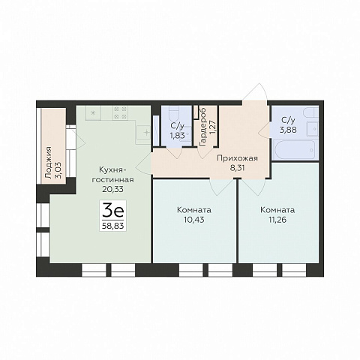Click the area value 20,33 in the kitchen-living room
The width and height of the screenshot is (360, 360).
click(112, 189)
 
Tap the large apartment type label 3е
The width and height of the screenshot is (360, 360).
click(112, 211)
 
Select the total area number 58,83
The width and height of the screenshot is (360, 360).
click(112, 226)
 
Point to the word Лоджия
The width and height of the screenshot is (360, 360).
click(48, 163)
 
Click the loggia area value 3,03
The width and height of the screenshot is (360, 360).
click(58, 169)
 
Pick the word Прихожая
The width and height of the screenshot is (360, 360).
click(237, 158)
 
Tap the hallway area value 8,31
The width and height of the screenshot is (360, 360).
click(237, 168)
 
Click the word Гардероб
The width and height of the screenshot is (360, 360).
click(202, 127)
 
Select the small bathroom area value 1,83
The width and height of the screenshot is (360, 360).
click(177, 135)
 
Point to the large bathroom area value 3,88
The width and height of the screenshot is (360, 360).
click(288, 130)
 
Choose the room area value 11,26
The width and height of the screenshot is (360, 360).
click(277, 220)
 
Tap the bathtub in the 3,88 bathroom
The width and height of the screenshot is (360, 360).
click(295, 149)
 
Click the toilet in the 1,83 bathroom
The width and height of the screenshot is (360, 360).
click(173, 113)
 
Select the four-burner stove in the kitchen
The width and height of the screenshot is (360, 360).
click(120, 112)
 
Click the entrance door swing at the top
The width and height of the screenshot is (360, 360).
click(255, 91)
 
